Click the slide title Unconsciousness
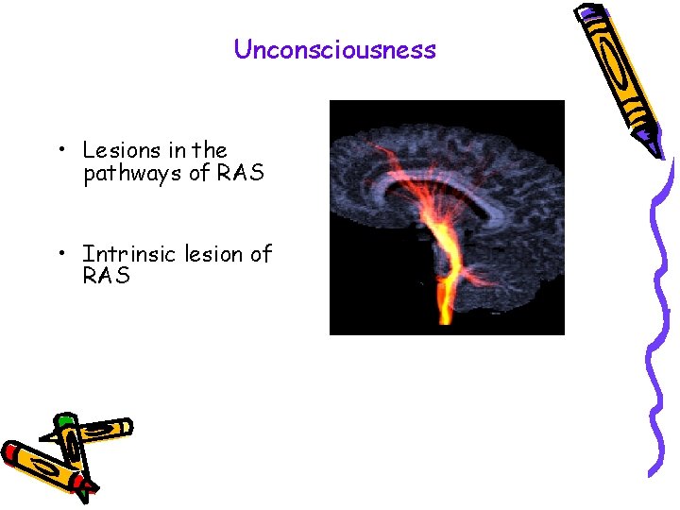335,49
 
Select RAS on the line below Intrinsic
106,277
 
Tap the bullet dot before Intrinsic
59,254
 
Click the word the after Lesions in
210,150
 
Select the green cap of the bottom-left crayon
64,419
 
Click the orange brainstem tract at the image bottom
444,312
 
